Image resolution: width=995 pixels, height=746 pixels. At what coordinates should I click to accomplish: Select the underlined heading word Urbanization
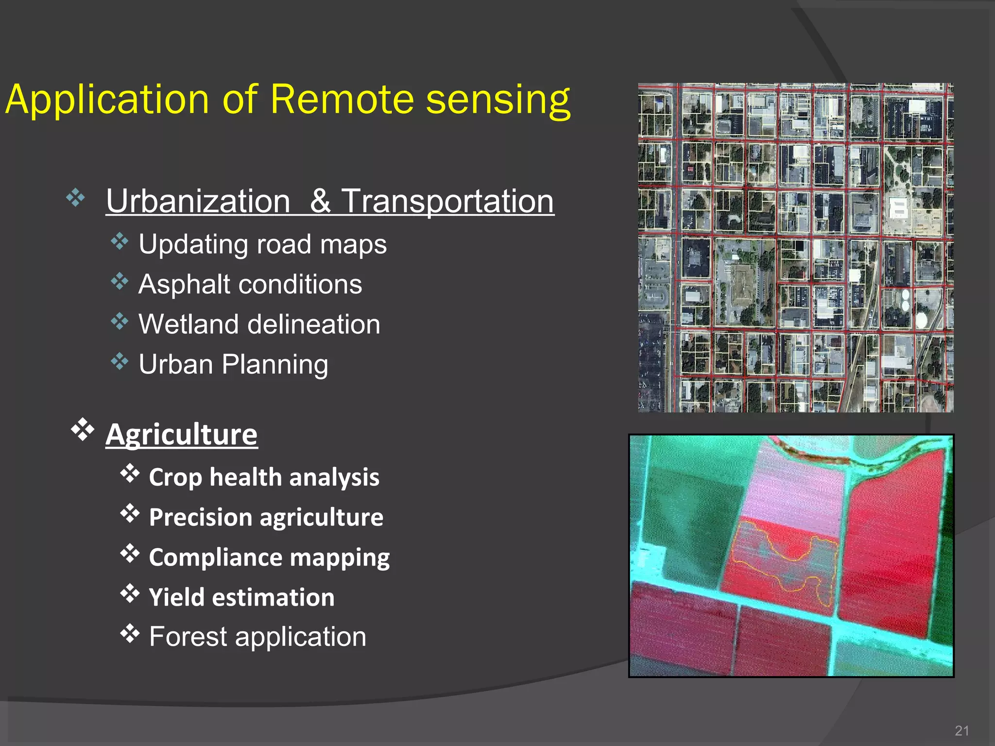[198, 201]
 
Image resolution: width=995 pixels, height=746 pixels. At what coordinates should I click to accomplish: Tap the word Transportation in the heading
[447, 201]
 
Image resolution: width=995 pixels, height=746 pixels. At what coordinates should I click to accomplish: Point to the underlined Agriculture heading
[181, 434]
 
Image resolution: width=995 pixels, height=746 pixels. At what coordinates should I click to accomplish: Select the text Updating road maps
[262, 244]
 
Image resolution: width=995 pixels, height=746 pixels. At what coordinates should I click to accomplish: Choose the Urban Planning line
[233, 364]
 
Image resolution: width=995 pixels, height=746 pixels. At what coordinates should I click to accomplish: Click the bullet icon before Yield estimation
[130, 593]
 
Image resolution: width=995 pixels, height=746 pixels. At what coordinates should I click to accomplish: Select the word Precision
[199, 517]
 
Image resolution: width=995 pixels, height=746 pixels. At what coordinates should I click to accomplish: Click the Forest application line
[257, 637]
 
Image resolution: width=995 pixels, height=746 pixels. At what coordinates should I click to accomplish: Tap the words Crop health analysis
[264, 477]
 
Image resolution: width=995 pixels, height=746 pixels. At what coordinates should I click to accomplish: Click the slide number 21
[961, 731]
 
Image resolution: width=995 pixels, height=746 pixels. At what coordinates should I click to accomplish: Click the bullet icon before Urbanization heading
[76, 198]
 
